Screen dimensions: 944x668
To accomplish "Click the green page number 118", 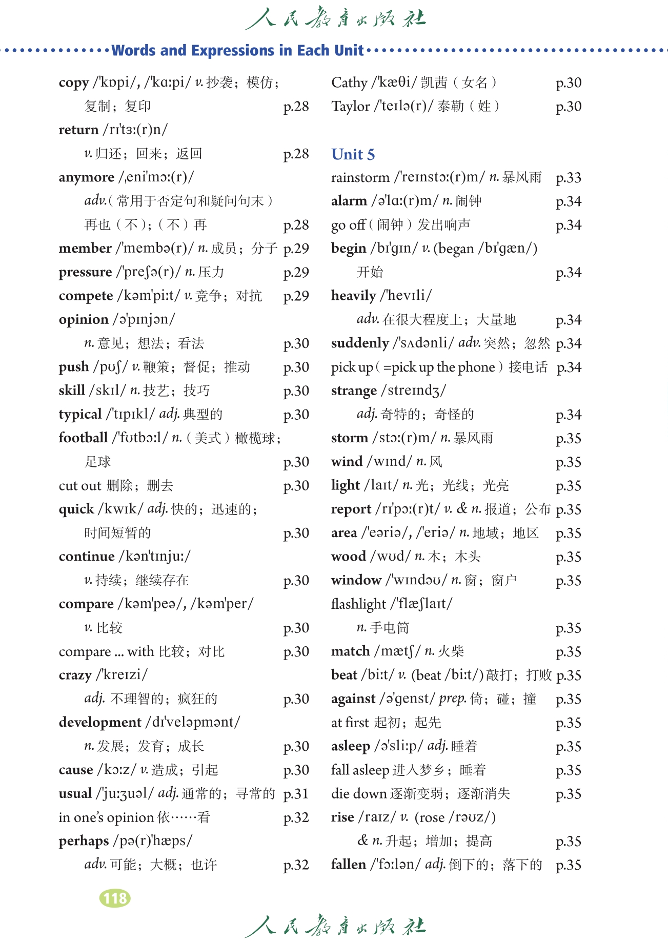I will tap(115, 898).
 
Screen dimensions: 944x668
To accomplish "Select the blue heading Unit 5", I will tap(353, 154).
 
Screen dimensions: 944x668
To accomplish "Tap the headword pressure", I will tap(85, 272).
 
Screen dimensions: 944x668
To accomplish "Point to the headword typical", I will tap(80, 414).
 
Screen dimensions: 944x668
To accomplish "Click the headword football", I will tap(83, 438).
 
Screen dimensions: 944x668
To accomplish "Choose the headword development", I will tap(100, 722).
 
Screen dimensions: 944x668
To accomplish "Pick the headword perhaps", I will tap(84, 841).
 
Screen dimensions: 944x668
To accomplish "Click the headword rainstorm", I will tap(360, 178).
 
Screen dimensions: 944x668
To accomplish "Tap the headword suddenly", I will tap(360, 343).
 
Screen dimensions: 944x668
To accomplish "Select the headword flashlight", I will tap(358, 604).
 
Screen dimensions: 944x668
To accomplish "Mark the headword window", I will tap(356, 580).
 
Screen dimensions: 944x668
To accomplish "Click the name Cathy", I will tap(349, 83).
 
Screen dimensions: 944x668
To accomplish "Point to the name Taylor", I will tap(350, 107).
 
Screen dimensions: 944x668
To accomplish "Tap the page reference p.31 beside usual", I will tap(296, 794).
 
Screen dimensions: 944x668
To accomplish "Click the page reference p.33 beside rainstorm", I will tap(569, 178).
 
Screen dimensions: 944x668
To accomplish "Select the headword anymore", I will tap(87, 177).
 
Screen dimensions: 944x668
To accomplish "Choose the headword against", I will tap(353, 699).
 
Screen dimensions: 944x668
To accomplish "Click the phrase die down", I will tap(359, 794).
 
